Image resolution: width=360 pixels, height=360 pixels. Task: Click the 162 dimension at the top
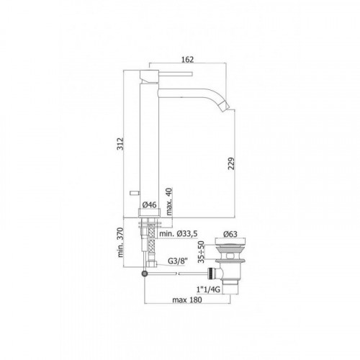pyautogui.click(x=187, y=59)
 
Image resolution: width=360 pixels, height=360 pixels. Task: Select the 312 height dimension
pyautogui.click(x=120, y=144)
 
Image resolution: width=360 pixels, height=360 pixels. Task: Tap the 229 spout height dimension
pyautogui.click(x=231, y=163)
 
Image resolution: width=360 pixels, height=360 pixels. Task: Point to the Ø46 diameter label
pyautogui.click(x=149, y=204)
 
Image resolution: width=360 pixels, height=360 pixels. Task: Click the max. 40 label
pyautogui.click(x=169, y=202)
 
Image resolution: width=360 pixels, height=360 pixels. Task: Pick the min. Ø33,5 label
pyautogui.click(x=179, y=233)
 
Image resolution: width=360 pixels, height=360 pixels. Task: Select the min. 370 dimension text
pyautogui.click(x=120, y=243)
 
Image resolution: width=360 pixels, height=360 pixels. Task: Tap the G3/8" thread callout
pyautogui.click(x=177, y=261)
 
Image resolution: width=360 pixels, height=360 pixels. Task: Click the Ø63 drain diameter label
pyautogui.click(x=230, y=234)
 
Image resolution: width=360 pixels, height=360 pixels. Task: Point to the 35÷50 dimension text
pyautogui.click(x=201, y=252)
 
